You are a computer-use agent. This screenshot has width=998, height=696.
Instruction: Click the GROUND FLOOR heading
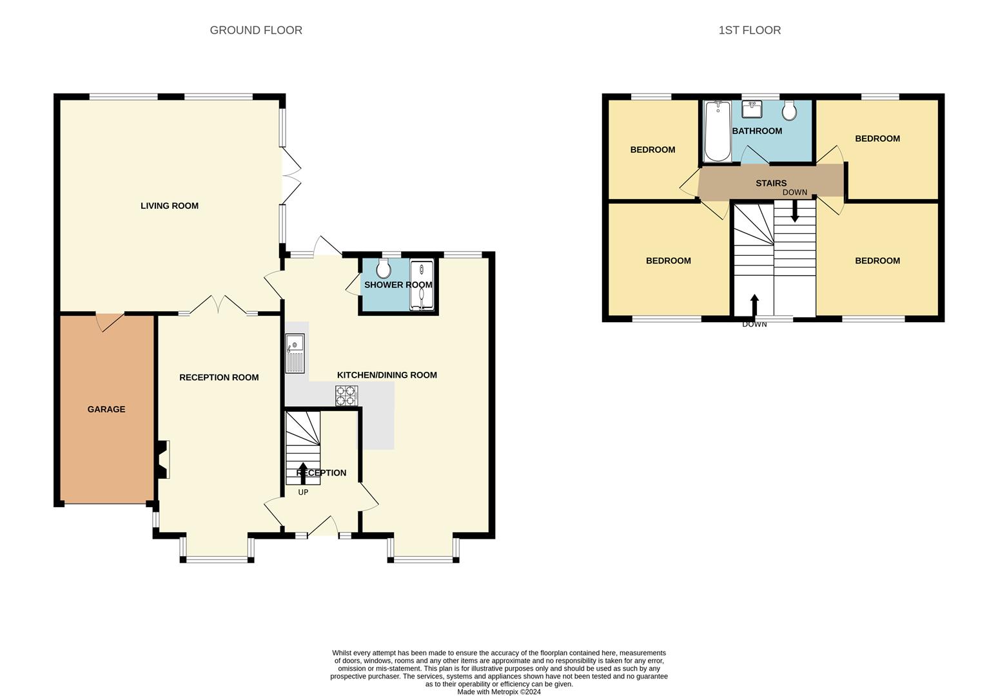click(256, 30)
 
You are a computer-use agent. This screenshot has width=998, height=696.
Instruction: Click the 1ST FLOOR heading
click(749, 30)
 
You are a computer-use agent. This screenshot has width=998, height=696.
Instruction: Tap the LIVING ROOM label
click(170, 206)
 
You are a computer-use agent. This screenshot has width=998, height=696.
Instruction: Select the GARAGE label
click(106, 409)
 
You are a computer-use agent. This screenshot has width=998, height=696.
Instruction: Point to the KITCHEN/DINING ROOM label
click(387, 375)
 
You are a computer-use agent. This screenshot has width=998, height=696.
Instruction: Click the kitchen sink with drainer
click(295, 353)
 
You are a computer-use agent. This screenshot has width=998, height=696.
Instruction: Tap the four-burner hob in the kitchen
click(346, 395)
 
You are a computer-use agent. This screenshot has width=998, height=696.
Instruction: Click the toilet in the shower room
click(384, 268)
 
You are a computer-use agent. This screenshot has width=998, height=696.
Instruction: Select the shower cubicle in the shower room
click(422, 285)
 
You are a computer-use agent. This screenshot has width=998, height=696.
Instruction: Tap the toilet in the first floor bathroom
click(789, 111)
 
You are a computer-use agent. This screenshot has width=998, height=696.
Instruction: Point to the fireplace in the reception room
click(162, 459)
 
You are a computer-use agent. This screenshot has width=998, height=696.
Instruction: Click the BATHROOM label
click(757, 131)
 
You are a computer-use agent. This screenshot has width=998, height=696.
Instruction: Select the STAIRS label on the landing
click(771, 183)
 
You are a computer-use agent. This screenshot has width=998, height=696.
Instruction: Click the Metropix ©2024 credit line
click(498, 692)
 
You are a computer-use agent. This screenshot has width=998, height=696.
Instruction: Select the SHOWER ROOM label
click(398, 285)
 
